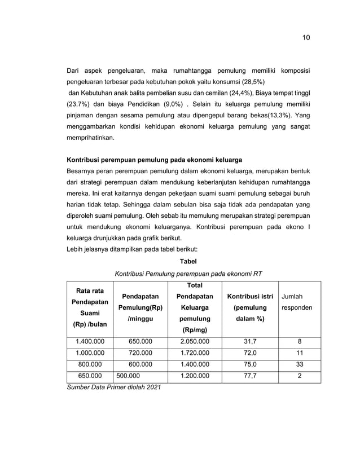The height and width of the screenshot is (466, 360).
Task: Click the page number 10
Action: coord(305,38)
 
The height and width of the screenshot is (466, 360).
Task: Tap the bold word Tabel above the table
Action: coord(188,261)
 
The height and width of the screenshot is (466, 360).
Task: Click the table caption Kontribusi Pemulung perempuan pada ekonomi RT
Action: coord(188,274)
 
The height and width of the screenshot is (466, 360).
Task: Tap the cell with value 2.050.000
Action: coord(194,342)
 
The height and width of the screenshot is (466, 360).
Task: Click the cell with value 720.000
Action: coord(141,353)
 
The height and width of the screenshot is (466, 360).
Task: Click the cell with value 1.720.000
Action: coord(194,353)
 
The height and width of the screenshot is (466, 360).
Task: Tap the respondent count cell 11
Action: coord(299,353)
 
